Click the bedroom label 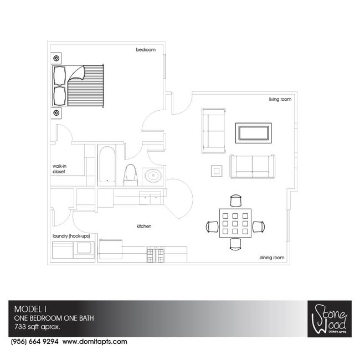tap(146, 50)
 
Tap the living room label tap(280, 100)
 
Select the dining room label tap(271, 258)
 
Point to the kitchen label tap(144, 227)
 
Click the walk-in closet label tap(59, 168)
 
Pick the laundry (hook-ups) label tap(72, 236)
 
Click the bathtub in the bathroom tap(107, 164)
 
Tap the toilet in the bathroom tap(131, 174)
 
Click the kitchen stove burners tap(155, 255)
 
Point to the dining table tap(235, 223)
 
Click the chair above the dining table tap(236, 200)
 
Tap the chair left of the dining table tap(212, 227)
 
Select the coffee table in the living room tap(253, 133)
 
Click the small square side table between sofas tap(217, 171)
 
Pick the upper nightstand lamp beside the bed tap(56, 58)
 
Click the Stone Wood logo tap(329, 319)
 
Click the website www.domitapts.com tap(95, 342)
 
